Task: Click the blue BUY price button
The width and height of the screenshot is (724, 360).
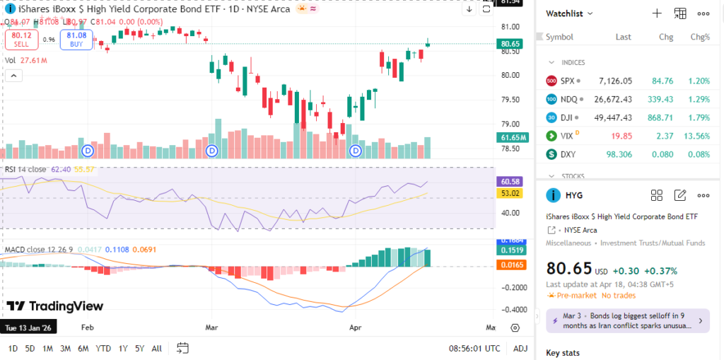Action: pyautogui.click(x=76, y=39)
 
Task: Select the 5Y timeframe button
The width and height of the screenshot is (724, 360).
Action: pyautogui.click(x=140, y=348)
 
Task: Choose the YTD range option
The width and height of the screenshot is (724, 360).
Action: pyautogui.click(x=103, y=348)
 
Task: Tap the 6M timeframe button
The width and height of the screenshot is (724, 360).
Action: pyautogui.click(x=83, y=348)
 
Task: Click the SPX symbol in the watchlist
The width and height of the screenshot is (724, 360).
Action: pyautogui.click(x=567, y=81)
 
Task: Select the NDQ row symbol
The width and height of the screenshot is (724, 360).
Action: pyautogui.click(x=567, y=99)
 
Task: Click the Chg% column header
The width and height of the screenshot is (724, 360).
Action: pyautogui.click(x=699, y=37)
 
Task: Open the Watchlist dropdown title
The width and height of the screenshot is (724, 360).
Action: pyautogui.click(x=569, y=13)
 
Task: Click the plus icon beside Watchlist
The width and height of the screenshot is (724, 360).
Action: pyautogui.click(x=656, y=13)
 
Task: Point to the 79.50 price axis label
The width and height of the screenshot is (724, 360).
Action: pyautogui.click(x=510, y=100)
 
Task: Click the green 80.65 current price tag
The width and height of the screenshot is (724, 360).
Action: pyautogui.click(x=510, y=44)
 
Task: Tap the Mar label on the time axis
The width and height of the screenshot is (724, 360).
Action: pyautogui.click(x=211, y=328)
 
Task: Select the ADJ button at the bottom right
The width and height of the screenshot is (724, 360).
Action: pyautogui.click(x=520, y=348)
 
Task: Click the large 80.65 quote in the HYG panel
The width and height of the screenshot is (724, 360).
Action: pyautogui.click(x=569, y=269)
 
